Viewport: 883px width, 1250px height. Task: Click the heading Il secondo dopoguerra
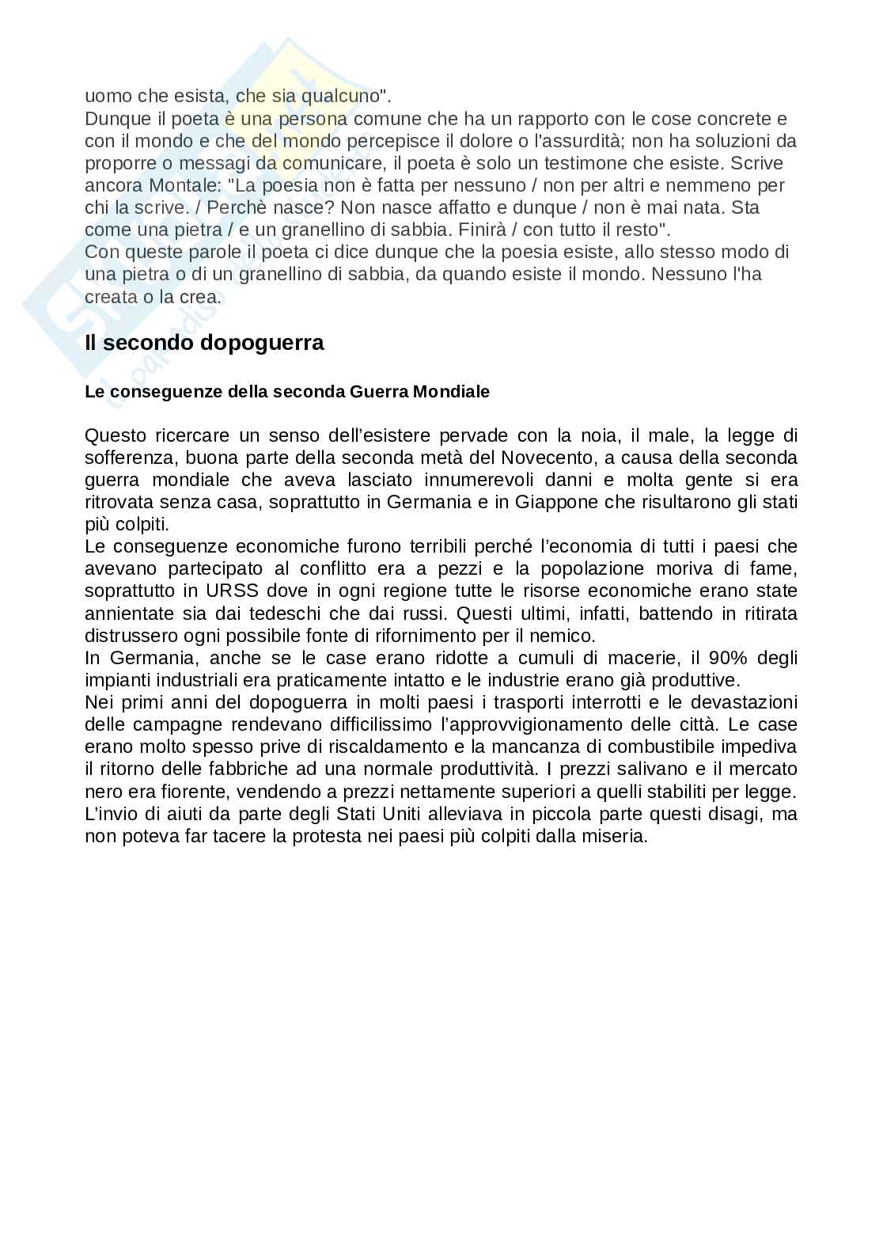point(204,344)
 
